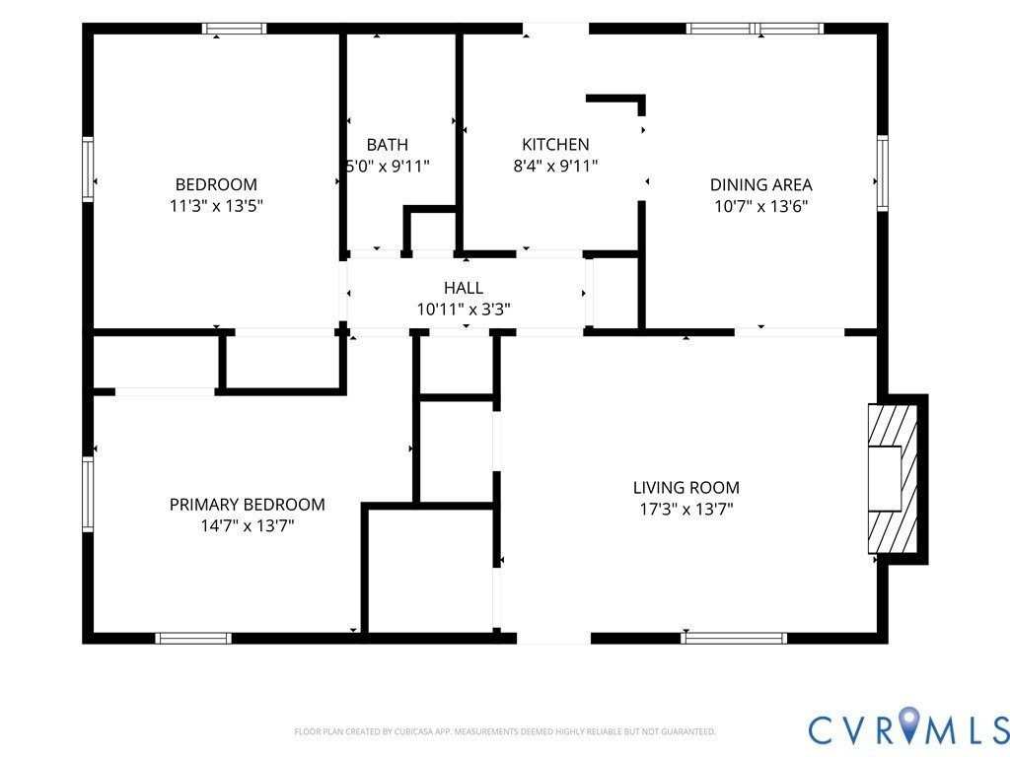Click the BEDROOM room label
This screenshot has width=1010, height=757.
[216, 184]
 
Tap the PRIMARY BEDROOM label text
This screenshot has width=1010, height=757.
[248, 505]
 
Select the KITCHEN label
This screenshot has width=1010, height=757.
[555, 144]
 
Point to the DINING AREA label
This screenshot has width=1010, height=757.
[760, 184]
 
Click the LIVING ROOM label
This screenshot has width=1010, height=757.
[686, 488]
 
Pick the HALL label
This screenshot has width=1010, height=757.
[464, 288]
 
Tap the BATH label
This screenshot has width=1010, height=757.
[387, 145]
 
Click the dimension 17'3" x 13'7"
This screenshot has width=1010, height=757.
[686, 510]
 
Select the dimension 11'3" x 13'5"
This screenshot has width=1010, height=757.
[216, 206]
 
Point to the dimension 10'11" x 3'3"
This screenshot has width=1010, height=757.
[464, 310]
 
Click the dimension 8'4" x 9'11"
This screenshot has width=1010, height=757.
[555, 166]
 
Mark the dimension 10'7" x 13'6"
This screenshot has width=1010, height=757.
[760, 206]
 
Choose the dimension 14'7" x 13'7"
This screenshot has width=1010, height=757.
[248, 526]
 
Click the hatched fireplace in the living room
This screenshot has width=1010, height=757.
[893, 478]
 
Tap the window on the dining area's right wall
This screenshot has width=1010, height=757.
[883, 172]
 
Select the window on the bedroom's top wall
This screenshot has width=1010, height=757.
[234, 29]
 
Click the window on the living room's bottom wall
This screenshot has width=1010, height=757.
[734, 638]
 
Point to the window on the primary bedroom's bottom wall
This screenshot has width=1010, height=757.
[193, 638]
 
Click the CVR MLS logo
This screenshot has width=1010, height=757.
[908, 727]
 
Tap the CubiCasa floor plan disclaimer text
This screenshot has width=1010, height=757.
[504, 731]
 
